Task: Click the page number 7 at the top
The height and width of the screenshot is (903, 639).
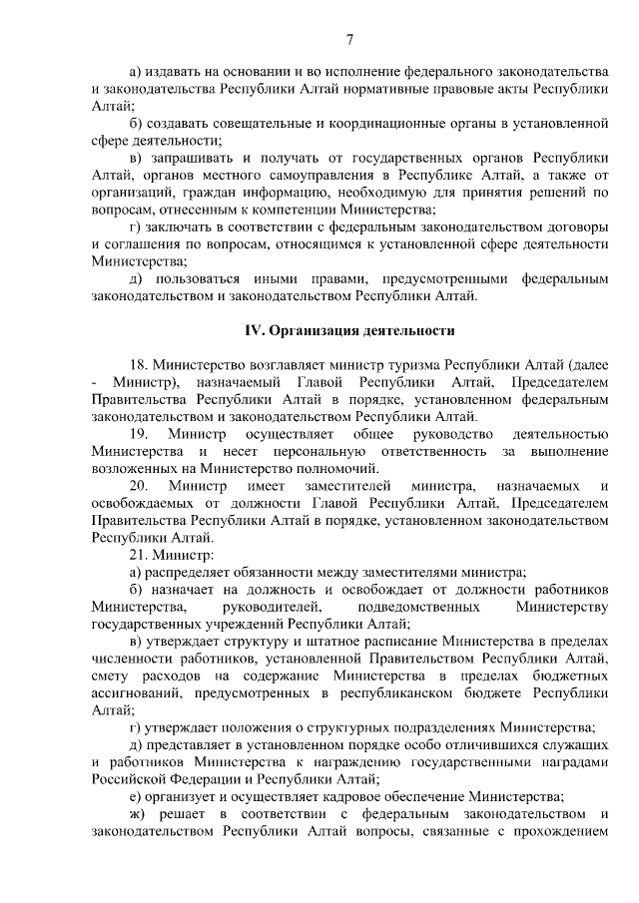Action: click(350, 40)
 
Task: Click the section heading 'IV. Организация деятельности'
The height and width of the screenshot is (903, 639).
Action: click(349, 330)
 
